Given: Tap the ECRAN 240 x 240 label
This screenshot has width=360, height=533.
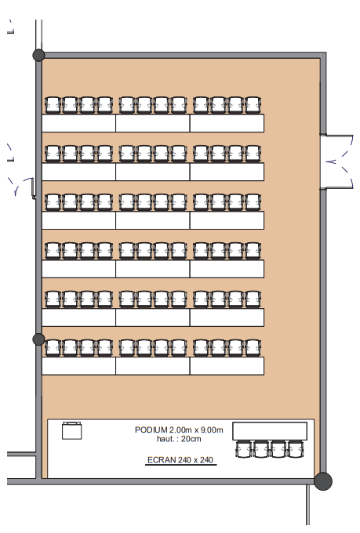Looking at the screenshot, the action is pyautogui.click(x=180, y=460).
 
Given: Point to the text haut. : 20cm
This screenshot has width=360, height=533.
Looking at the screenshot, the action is pyautogui.click(x=179, y=439).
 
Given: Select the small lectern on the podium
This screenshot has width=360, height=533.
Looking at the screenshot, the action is pyautogui.click(x=72, y=430).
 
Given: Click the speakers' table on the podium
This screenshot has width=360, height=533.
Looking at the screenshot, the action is pyautogui.click(x=270, y=431).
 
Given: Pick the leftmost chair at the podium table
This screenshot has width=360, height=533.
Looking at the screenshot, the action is pyautogui.click(x=244, y=449).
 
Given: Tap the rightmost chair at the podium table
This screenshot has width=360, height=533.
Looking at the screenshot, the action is pyautogui.click(x=296, y=449).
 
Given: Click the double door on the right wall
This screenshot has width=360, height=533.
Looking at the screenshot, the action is pyautogui.click(x=336, y=161).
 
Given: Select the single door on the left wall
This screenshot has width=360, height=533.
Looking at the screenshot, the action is pyautogui.click(x=24, y=187).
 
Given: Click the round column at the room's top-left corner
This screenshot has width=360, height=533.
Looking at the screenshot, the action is pyautogui.click(x=38, y=55).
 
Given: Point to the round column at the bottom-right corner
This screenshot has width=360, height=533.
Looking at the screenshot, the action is pyautogui.click(x=323, y=481).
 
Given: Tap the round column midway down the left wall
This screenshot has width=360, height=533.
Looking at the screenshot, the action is pyautogui.click(x=38, y=339).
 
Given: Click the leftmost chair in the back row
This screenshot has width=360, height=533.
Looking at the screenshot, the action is pyautogui.click(x=53, y=105).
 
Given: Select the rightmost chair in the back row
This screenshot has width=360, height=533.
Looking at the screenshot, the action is pyautogui.click(x=253, y=105).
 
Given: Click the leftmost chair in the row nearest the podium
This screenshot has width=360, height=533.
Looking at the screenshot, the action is pyautogui.click(x=53, y=348).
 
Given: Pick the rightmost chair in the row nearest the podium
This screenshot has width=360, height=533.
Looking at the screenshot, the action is pyautogui.click(x=253, y=348).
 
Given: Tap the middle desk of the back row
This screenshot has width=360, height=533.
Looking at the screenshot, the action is pyautogui.click(x=153, y=123).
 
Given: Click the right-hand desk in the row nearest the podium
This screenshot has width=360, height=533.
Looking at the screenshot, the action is pyautogui.click(x=227, y=366).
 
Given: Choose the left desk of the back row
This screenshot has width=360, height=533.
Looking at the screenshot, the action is pyautogui.click(x=78, y=123).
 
